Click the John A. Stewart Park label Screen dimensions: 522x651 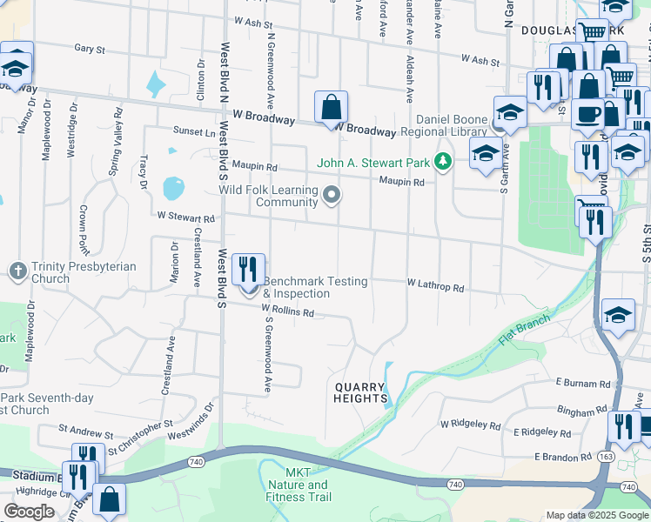pos(374,163)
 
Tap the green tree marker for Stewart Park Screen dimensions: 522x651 pos(444,162)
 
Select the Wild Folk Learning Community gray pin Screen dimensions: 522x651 pos(331,195)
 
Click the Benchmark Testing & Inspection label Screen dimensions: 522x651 pos(315,288)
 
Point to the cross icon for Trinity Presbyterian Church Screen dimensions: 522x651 pos(17,271)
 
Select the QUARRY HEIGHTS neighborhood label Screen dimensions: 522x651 pos(360,391)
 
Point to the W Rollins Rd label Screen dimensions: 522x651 pos(286,310)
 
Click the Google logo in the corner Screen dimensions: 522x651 pos(29,512)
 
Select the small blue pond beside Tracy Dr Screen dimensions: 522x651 pos(174,188)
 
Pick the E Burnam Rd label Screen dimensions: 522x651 pos(584,383)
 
